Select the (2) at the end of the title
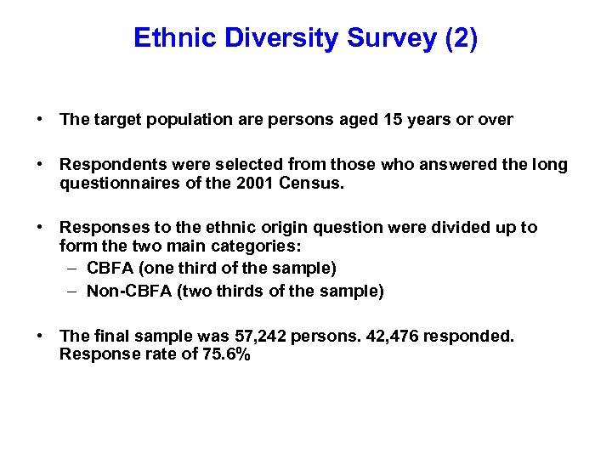459,39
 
